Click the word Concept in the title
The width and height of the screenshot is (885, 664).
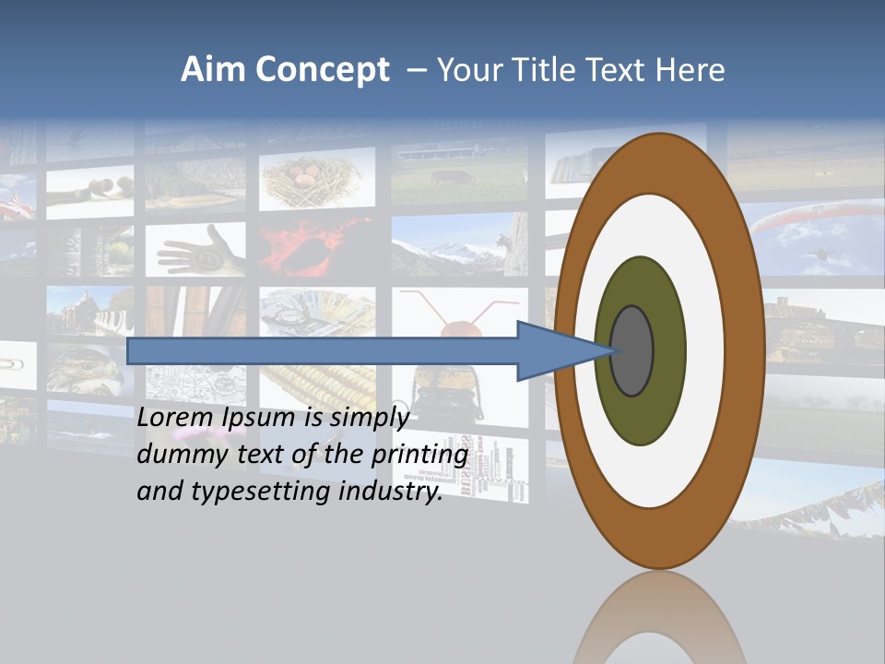tap(323, 70)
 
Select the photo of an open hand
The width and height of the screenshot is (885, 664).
tap(198, 249)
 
